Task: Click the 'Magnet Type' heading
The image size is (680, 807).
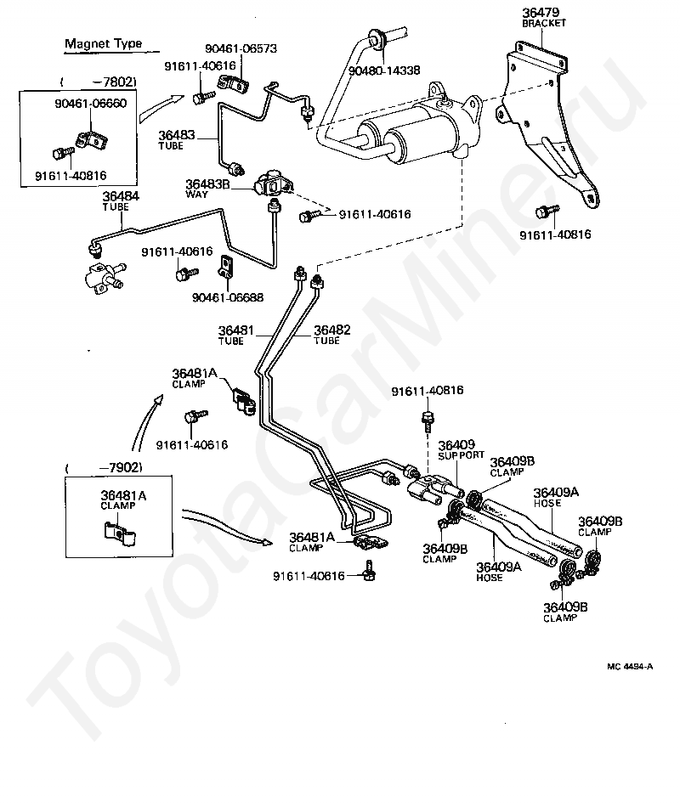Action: coord(103,43)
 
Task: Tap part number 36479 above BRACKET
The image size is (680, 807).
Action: coord(541,13)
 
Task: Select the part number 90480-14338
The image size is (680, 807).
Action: coord(384,71)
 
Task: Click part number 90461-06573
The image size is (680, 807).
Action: coord(241,48)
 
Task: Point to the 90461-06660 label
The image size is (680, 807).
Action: coord(91,104)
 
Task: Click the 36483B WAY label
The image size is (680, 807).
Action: coord(207,188)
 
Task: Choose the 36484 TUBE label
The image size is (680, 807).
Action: coord(121,200)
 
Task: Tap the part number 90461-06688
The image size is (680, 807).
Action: coord(228,297)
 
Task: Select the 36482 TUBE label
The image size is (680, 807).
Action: coord(331,335)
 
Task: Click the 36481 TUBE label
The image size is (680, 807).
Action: coord(236,335)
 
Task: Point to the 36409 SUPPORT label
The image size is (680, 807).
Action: coord(461,449)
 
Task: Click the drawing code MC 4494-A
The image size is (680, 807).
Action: coord(630,667)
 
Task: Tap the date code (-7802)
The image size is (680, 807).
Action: coord(99,82)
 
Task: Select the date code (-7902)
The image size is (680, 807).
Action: coord(104,468)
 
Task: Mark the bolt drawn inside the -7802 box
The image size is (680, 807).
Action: coord(64,153)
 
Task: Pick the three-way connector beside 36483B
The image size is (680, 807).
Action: coord(271,184)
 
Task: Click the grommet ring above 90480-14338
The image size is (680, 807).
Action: coord(375,41)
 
